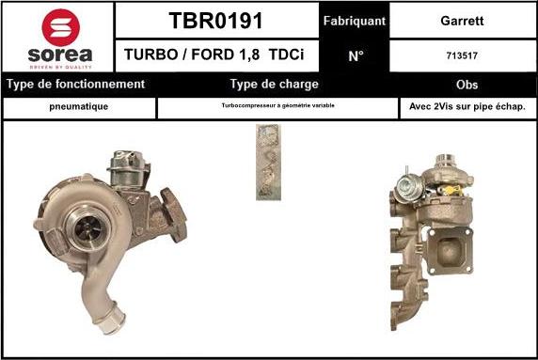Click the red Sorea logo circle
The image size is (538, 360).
click(61, 27)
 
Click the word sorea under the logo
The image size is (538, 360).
click(60, 55)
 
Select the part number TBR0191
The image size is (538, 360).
click(215, 21)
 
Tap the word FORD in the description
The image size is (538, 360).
click(213, 55)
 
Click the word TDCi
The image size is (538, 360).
click(286, 55)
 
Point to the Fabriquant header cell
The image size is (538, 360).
click(355, 21)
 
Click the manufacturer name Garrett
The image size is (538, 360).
click(462, 21)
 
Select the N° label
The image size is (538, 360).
click(356, 55)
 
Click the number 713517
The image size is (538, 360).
click(462, 55)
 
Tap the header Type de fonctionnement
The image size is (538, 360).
click(75, 84)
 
